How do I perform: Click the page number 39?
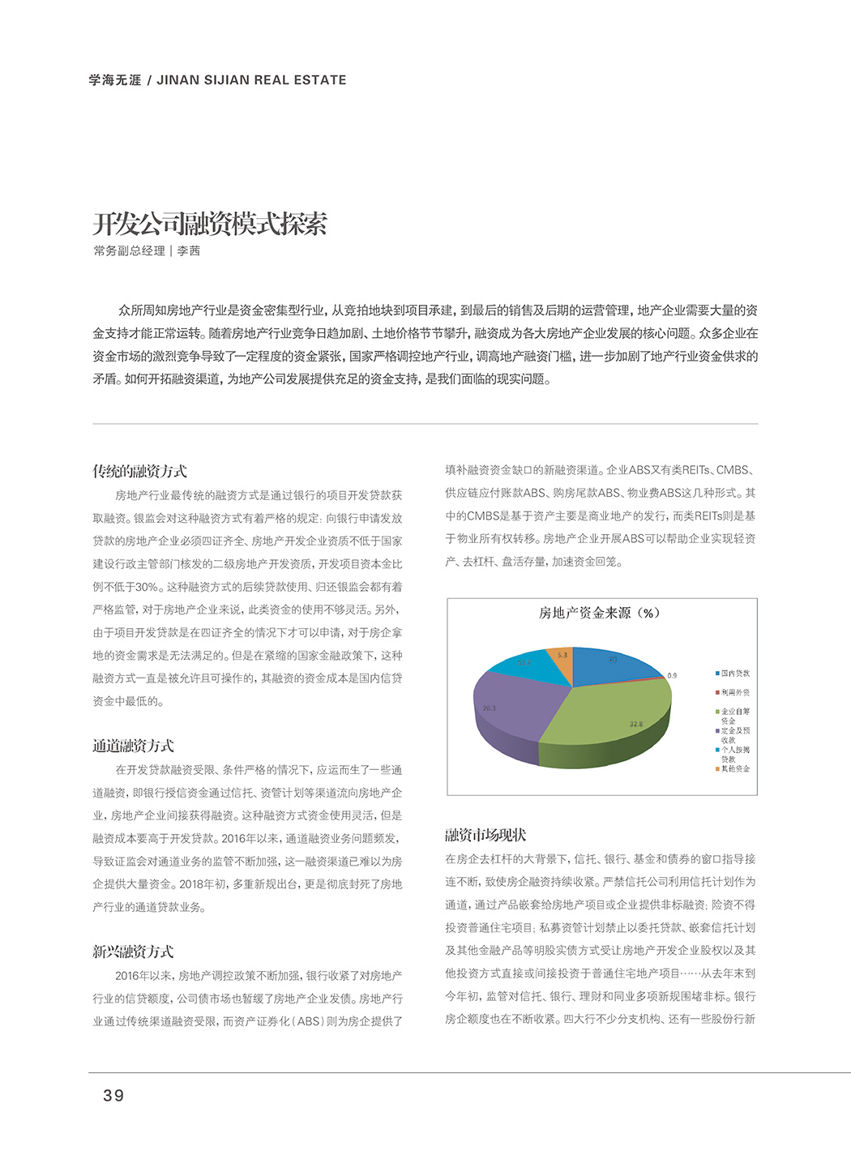point(113,1096)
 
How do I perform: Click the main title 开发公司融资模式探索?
point(210,224)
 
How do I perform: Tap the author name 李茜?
point(189,251)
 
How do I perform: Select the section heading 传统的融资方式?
point(139,471)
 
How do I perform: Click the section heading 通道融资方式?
point(133,746)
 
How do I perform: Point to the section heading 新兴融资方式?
point(133,952)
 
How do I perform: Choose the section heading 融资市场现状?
point(485,835)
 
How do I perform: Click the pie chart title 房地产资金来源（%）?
point(599,613)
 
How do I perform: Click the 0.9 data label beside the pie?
point(672,675)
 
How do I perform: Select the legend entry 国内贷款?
point(735,674)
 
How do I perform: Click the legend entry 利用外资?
point(735,692)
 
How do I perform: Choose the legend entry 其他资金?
point(735,768)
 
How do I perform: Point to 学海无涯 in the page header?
point(115,80)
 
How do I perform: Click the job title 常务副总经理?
point(129,251)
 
